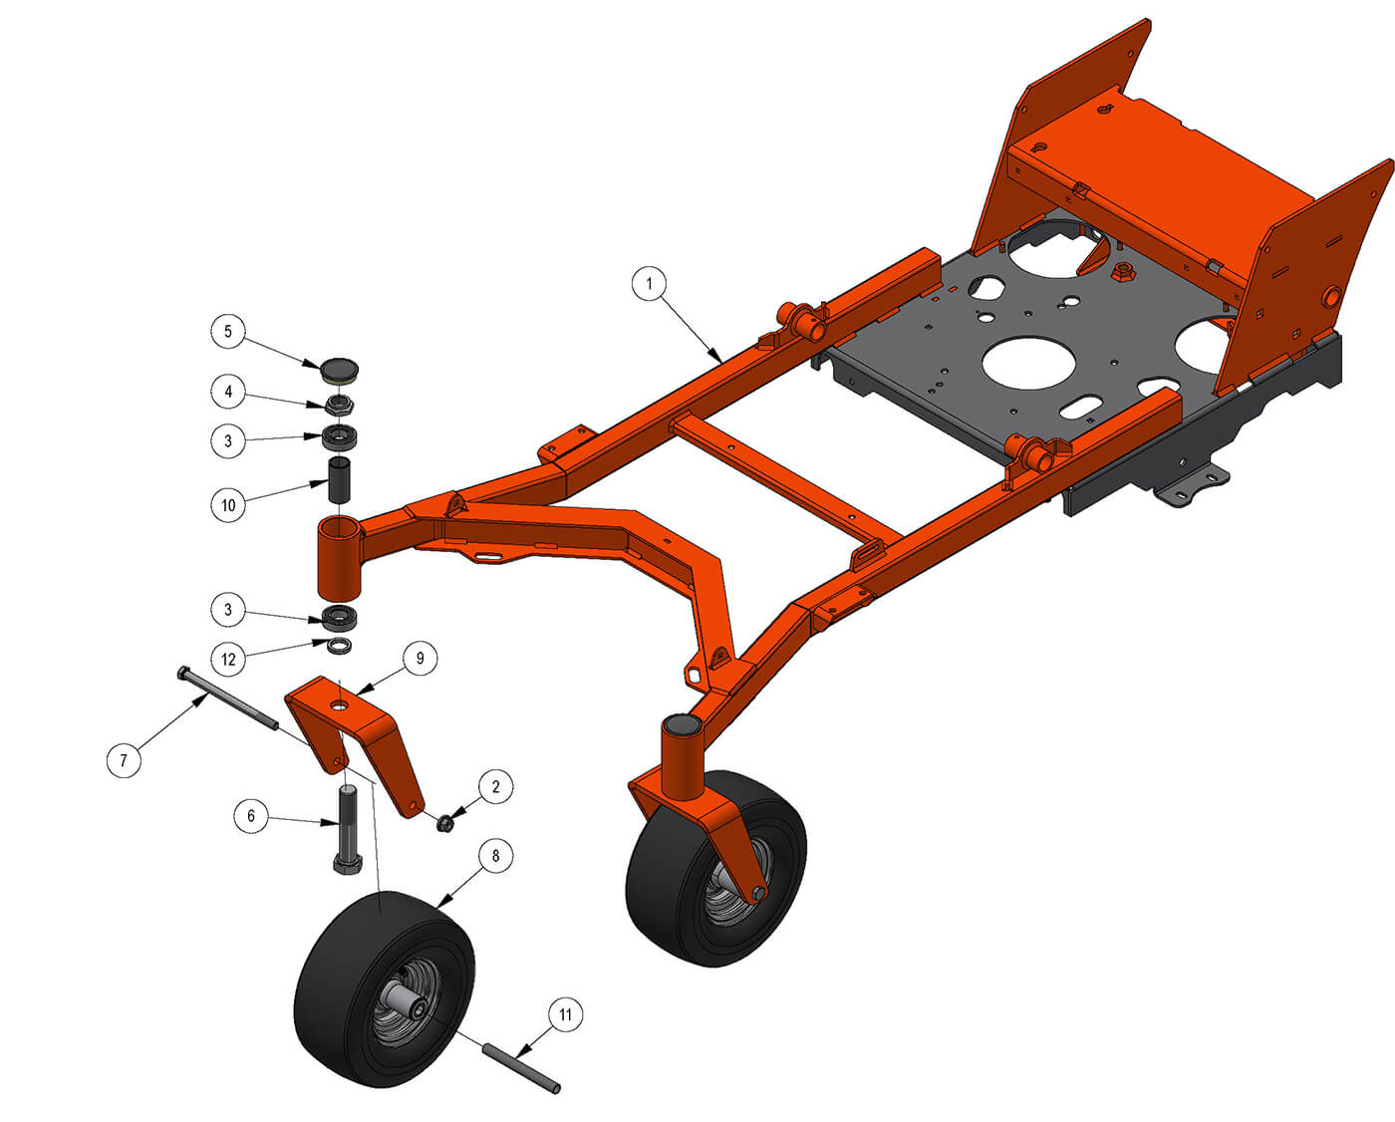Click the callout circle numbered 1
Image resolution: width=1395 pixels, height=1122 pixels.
coord(649,283)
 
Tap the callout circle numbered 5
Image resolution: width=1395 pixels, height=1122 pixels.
coord(227,331)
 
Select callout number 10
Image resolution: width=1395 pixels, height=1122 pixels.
coord(228,505)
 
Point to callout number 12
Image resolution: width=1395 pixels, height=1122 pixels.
coord(228,660)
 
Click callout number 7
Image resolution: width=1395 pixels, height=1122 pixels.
coord(124,759)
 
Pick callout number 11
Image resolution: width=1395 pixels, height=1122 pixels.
coord(565,1014)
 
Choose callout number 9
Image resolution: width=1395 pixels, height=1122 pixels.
coord(420,658)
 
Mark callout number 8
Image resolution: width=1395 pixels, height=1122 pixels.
coord(496,856)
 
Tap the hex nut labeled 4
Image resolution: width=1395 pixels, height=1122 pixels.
coord(339,407)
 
